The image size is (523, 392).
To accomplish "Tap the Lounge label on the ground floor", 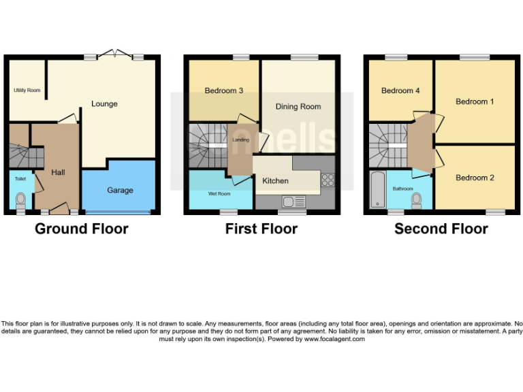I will pos(104,104).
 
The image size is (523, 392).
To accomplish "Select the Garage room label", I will pos(120,191).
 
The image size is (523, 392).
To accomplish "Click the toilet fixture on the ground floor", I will pos(20,200).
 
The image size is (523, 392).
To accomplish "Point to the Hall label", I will pos(58,173).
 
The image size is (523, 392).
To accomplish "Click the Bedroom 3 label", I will pos(224,91).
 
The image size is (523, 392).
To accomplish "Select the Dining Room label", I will pos(298,107).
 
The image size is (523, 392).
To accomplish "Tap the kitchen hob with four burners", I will pos(328,180).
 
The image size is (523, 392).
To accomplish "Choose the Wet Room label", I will pos(219,194).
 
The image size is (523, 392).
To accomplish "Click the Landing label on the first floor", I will pos(241,140).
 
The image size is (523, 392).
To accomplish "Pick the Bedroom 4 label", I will pos(400,91).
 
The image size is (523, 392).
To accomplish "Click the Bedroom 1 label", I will pos(475,101).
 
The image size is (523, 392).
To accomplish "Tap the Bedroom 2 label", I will pos(475,178).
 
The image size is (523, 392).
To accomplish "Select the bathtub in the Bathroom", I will pos(376,190).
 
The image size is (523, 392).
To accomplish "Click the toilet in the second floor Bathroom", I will pos(417,199).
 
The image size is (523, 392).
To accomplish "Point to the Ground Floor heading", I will pos(82,229).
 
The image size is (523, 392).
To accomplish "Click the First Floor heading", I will pos(261,229).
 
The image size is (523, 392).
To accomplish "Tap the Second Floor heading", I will pos(441,229).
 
